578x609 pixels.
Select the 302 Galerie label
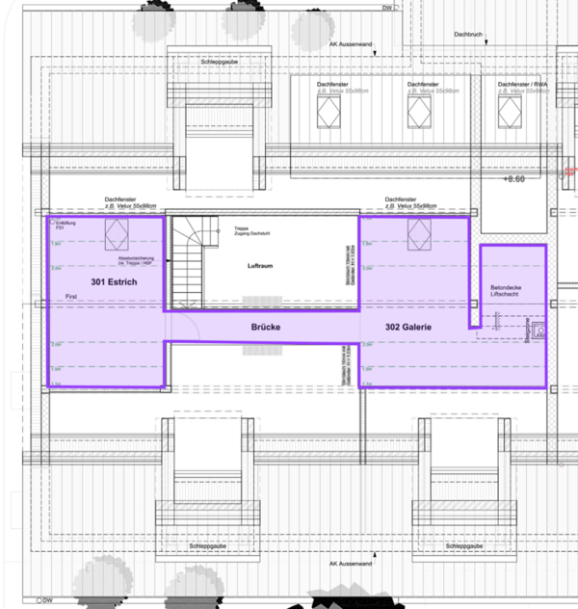pyautogui.click(x=407, y=328)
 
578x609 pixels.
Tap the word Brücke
pyautogui.click(x=265, y=328)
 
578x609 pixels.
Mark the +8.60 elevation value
pyautogui.click(x=516, y=179)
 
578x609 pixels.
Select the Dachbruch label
pyautogui.click(x=468, y=34)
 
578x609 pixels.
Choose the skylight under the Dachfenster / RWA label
pyautogui.click(x=510, y=114)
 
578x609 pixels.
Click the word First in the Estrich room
pyautogui.click(x=69, y=296)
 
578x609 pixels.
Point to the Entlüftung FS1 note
pyautogui.click(x=65, y=225)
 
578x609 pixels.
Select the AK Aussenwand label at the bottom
pyautogui.click(x=348, y=564)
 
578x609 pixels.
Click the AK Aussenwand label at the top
pyautogui.click(x=348, y=44)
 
